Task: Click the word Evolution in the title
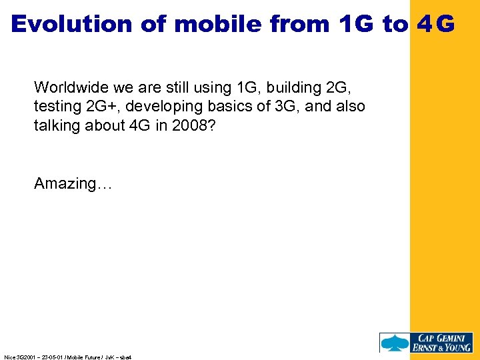(x=72, y=24)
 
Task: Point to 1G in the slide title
(x=357, y=24)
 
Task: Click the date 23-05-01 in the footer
(x=52, y=357)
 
